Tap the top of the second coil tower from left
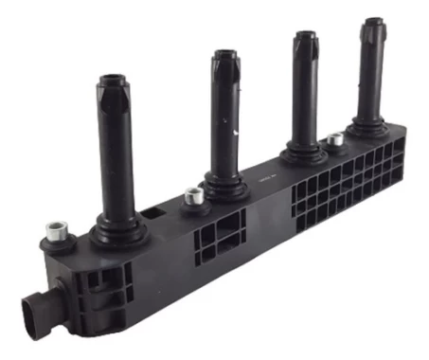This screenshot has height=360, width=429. (225, 56)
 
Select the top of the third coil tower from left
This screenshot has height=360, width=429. (305, 37)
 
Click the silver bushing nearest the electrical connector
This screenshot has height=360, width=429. (55, 230)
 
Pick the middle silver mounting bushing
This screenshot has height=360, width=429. (195, 195)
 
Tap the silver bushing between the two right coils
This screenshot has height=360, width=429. (333, 139)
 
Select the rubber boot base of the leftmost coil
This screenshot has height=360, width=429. (119, 228)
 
